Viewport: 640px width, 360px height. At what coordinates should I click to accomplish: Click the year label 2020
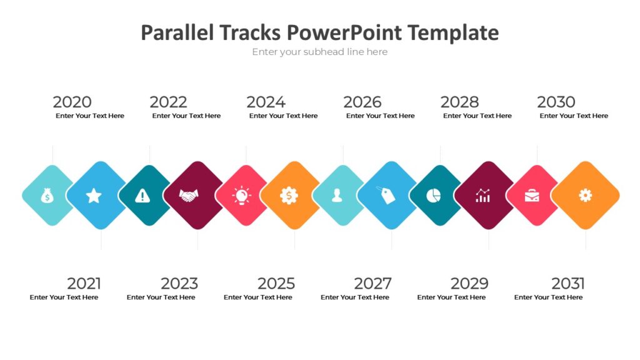[72, 102]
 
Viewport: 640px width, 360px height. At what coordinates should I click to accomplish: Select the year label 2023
[179, 284]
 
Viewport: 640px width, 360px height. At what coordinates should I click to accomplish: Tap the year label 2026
[362, 102]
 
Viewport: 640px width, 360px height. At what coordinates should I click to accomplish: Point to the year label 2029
[469, 284]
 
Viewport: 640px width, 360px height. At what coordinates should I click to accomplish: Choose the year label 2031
[567, 284]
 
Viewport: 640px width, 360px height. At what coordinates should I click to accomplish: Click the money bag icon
[47, 196]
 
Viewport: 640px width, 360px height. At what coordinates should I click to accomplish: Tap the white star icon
[94, 196]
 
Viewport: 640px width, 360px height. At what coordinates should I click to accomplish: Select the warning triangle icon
[143, 196]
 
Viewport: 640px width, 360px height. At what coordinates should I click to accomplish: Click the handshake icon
[189, 196]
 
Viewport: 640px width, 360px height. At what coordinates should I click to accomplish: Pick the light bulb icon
[241, 196]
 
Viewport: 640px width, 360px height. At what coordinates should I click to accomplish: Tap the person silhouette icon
[337, 196]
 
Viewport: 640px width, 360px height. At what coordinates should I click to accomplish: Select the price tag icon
[386, 195]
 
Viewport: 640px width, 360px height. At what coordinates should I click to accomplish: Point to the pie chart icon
[434, 196]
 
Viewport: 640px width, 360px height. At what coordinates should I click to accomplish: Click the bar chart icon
[482, 196]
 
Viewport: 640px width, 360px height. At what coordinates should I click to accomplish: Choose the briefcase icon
[532, 196]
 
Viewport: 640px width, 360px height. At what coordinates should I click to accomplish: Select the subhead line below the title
[319, 52]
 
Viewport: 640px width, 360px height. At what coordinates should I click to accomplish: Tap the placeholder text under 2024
[283, 116]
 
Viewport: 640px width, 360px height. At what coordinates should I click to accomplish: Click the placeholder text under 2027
[354, 297]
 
